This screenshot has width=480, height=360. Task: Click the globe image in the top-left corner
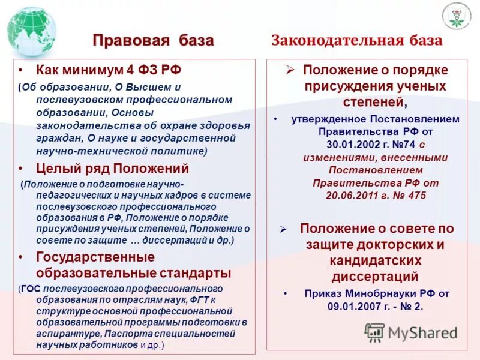[x=31, y=31]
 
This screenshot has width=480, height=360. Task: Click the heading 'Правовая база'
[x=153, y=41]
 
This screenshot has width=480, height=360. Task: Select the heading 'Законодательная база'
[x=357, y=41]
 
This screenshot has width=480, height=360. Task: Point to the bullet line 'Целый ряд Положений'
[x=112, y=169]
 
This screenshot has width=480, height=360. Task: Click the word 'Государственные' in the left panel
[x=95, y=257]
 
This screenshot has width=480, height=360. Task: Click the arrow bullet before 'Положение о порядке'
[x=290, y=70]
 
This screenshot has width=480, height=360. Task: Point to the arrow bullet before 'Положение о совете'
[x=284, y=229]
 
